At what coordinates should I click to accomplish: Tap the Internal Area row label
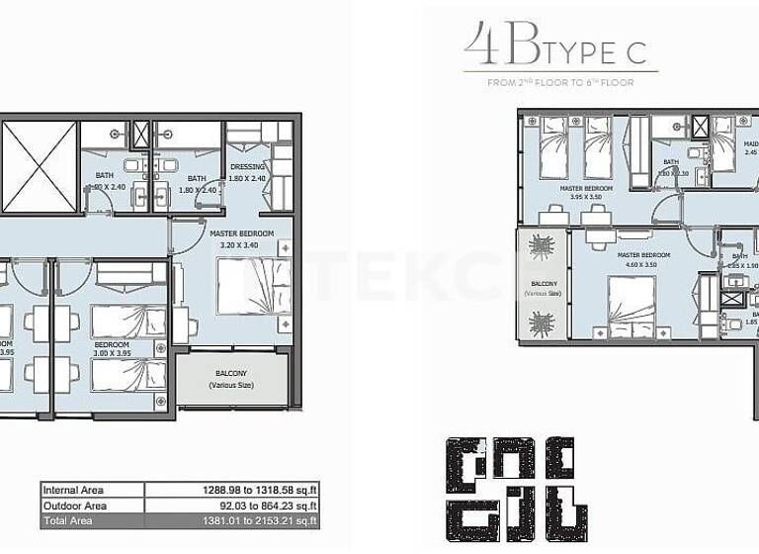coord(72,490)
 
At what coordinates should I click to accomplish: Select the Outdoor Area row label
coord(74,506)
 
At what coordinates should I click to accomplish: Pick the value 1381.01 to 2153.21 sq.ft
coord(254,520)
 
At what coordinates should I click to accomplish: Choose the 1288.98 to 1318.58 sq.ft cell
coord(254,490)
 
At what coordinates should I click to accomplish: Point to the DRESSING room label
coord(247,167)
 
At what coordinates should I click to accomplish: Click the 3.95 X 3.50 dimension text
coord(586,197)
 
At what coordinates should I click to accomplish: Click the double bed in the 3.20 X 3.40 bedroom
coord(254,286)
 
